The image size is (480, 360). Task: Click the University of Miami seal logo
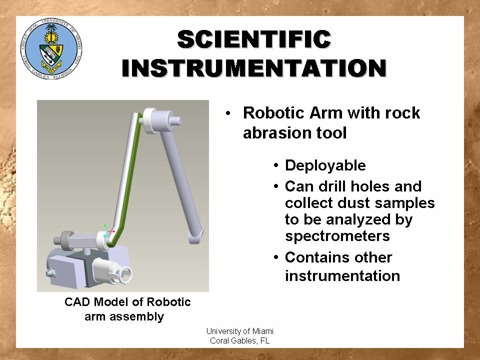tap(51, 49)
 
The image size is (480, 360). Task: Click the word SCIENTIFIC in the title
tap(254, 39)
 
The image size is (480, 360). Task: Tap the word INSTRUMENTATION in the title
tap(254, 68)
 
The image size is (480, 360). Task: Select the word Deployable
tap(325, 165)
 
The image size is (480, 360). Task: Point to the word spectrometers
tap(337, 236)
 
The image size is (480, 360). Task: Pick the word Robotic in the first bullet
tap(274, 112)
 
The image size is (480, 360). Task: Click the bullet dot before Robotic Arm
tap(228, 113)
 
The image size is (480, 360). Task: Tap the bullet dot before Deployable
tap(276, 165)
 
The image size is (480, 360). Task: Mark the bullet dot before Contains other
tap(276, 257)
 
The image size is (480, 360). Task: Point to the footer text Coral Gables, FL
tap(239, 340)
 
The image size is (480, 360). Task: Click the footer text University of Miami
tap(239, 331)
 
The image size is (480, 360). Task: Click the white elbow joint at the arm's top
tap(150, 120)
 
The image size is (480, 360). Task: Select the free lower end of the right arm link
tap(196, 236)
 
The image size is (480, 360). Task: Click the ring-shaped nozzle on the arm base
tap(125, 274)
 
